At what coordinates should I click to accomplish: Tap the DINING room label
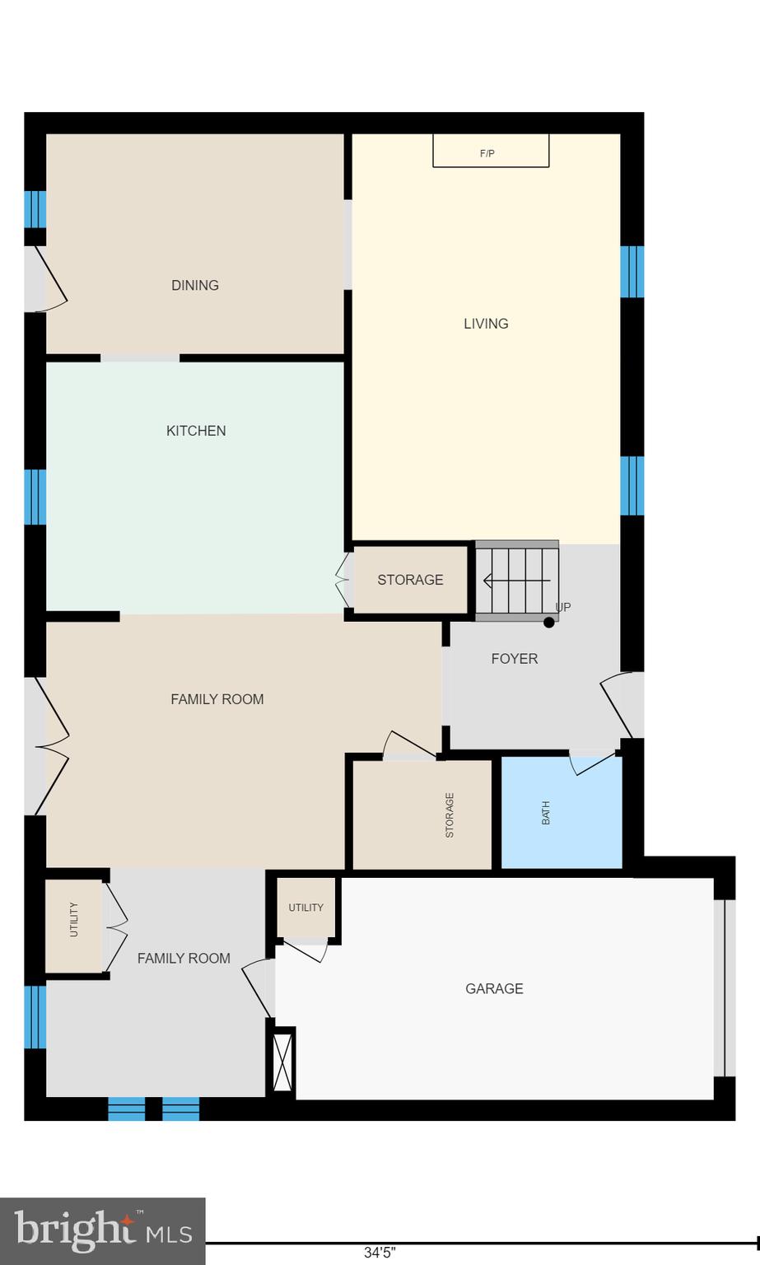[x=195, y=286]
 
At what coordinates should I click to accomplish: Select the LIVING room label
[x=486, y=324]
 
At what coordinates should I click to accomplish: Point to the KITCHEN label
[x=196, y=431]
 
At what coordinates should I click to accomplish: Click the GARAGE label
[x=494, y=988]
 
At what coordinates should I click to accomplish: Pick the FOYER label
[x=515, y=659]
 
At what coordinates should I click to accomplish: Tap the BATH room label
[x=545, y=813]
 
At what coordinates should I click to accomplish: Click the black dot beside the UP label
[x=549, y=622]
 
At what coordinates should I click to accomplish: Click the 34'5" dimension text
[x=380, y=1253]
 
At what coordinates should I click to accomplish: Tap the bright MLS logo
[x=103, y=1230]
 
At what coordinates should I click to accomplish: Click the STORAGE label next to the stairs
[x=410, y=580]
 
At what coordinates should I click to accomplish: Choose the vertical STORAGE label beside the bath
[x=450, y=815]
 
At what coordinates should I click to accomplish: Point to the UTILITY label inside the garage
[x=305, y=908]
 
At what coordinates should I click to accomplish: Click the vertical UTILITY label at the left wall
[x=74, y=920]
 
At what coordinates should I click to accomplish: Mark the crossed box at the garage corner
[x=282, y=1062]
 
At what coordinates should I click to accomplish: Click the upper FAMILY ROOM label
[x=217, y=699]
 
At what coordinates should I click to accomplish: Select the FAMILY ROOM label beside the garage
[x=184, y=959]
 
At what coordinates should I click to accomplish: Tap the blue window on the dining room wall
[x=35, y=209]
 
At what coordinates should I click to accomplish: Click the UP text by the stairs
[x=563, y=607]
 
